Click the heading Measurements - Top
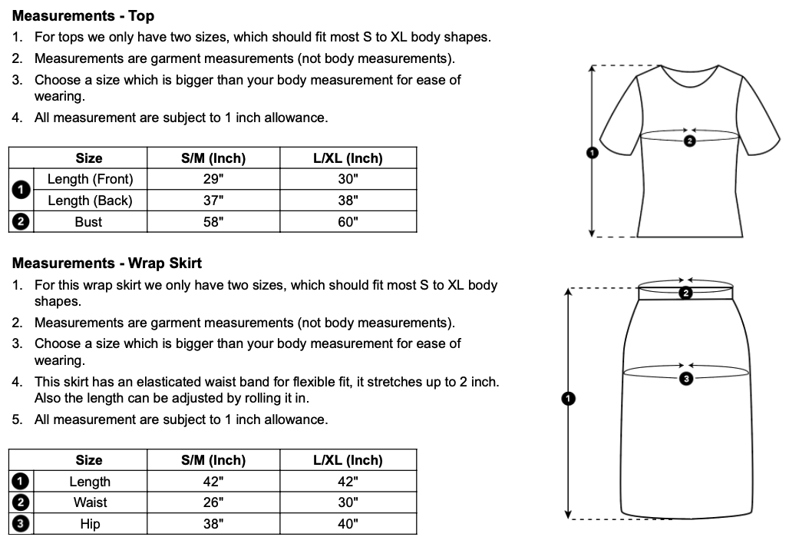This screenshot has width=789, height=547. coord(83,15)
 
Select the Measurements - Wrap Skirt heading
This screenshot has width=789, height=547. coord(107,263)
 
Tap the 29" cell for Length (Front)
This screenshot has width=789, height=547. coord(213,179)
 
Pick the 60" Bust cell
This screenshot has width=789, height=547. coord(348,222)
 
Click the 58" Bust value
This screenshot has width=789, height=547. coord(213,222)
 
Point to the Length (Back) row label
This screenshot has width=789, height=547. coord(90,201)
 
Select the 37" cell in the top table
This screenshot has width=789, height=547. coord(213,201)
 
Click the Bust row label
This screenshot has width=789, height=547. coord(89,222)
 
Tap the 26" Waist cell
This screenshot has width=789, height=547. coord(213,502)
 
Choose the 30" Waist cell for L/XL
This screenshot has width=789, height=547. coord(348,502)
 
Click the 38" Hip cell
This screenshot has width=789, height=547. coord(213,524)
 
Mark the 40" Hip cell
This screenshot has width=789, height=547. coord(348,524)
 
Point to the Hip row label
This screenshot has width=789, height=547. coord(90,524)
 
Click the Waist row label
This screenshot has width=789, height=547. coord(90,502)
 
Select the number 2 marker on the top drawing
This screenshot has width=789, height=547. coord(688,141)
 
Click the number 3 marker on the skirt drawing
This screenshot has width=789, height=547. coord(686,378)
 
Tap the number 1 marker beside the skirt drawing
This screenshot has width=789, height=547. coord(567,398)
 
